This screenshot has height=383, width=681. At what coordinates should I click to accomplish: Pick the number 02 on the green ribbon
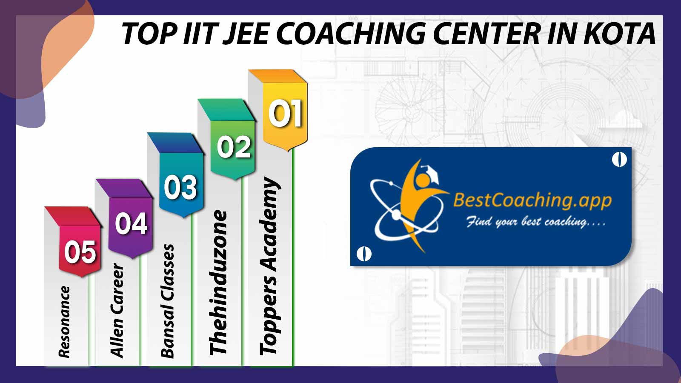234,147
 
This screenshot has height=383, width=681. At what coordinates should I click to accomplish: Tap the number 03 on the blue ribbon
180,187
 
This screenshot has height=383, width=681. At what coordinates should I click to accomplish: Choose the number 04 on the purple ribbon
132,223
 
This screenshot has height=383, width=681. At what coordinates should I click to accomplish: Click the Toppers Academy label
269,266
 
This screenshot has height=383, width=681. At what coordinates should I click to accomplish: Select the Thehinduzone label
218,283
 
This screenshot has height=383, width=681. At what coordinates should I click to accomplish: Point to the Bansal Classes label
167,301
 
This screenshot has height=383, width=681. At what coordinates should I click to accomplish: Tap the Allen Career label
117,310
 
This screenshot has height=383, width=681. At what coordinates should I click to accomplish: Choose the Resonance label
64,322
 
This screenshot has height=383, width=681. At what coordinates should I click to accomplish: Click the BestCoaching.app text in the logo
532,200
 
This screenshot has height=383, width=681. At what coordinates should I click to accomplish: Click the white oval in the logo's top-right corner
619,160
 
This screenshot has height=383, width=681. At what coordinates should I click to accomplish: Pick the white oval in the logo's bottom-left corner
364,254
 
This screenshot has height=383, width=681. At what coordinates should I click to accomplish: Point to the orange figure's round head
422,180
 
